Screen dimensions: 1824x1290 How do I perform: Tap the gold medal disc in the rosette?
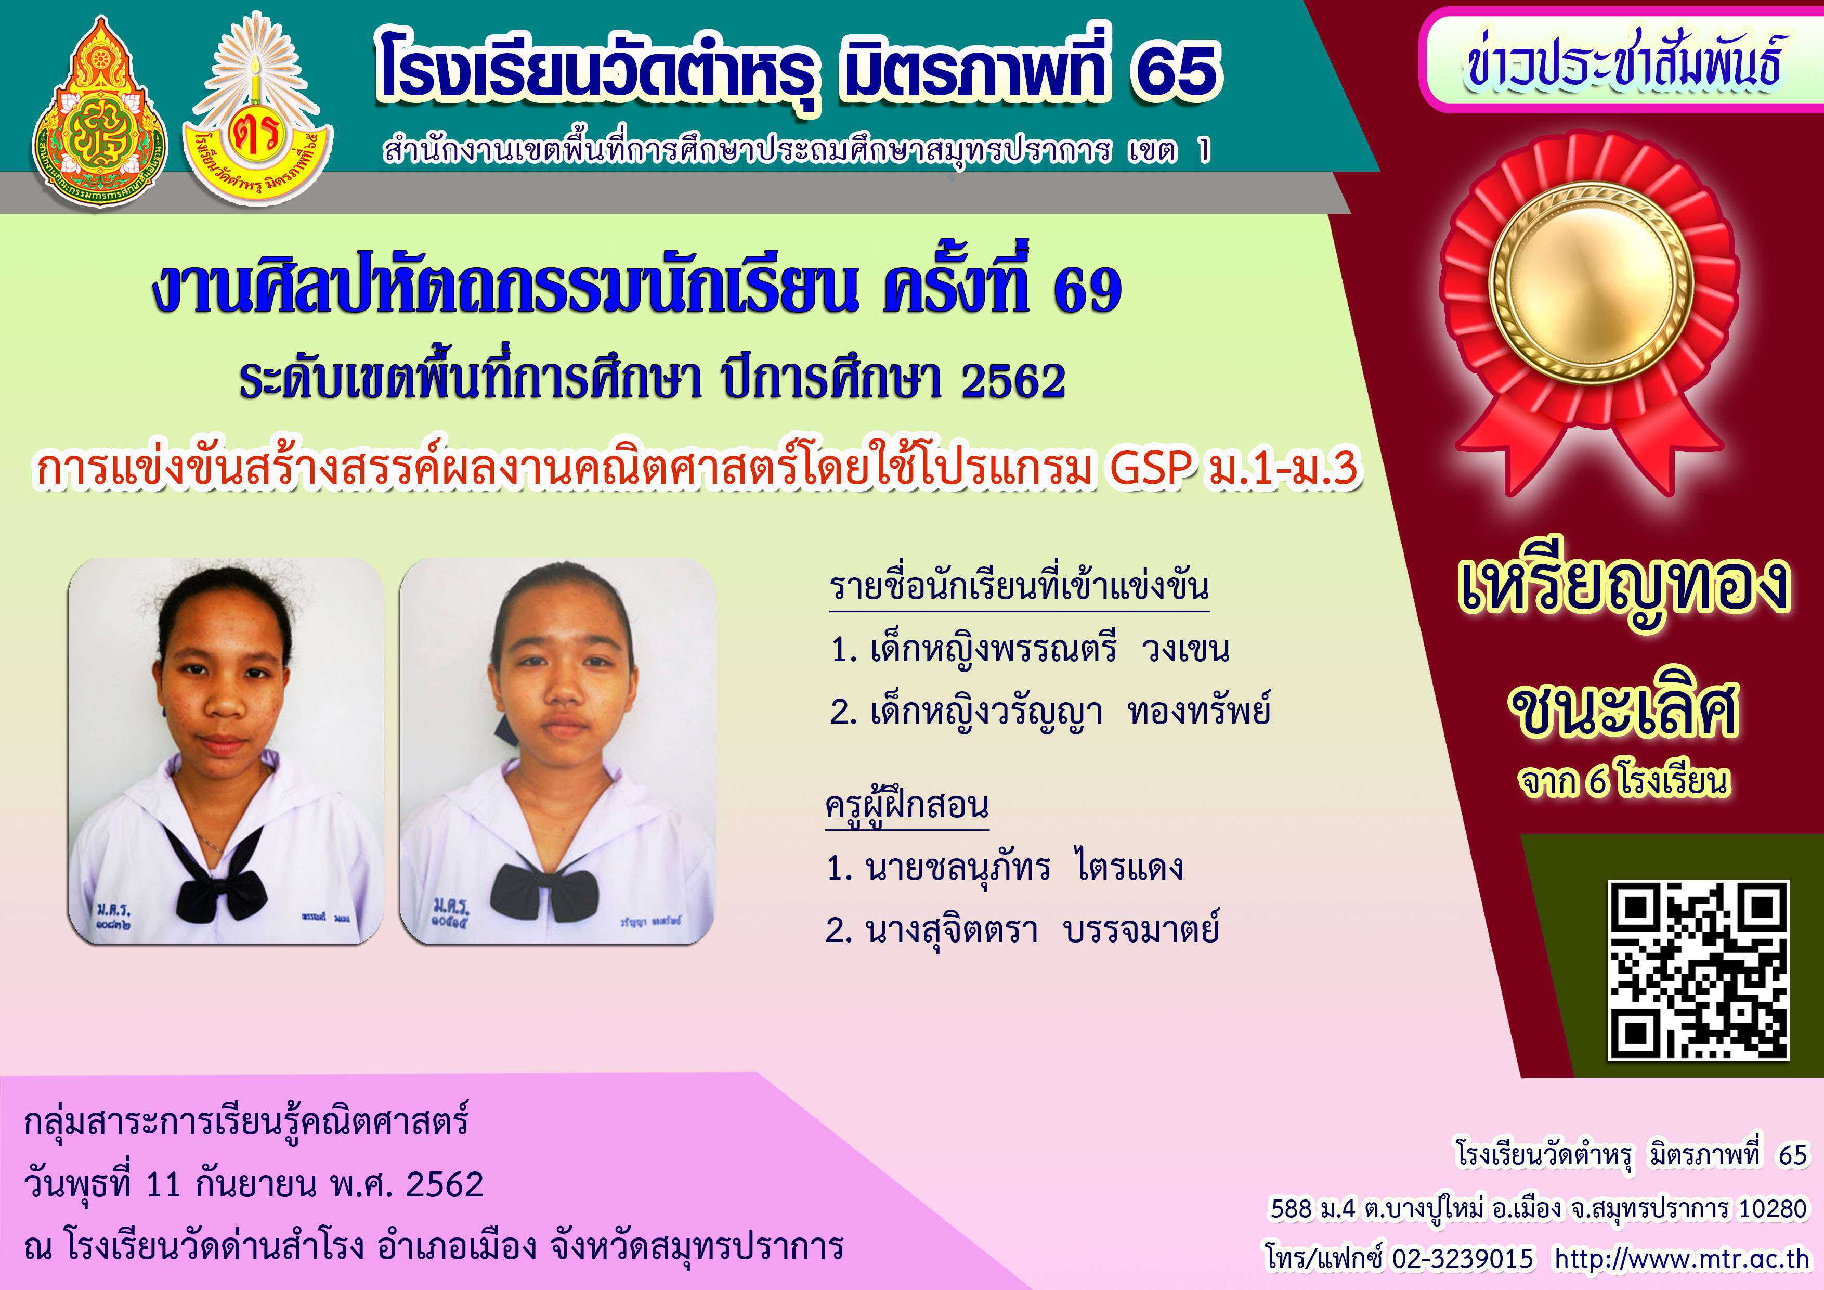(x=1591, y=285)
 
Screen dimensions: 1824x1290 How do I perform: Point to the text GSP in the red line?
(x=1153, y=469)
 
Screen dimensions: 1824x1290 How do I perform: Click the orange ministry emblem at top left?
(x=99, y=111)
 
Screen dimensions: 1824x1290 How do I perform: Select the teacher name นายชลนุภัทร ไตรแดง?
(x=1005, y=867)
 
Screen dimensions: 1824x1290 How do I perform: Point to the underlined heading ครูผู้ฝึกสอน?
(x=907, y=806)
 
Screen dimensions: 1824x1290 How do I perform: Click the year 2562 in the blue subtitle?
(x=1013, y=381)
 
